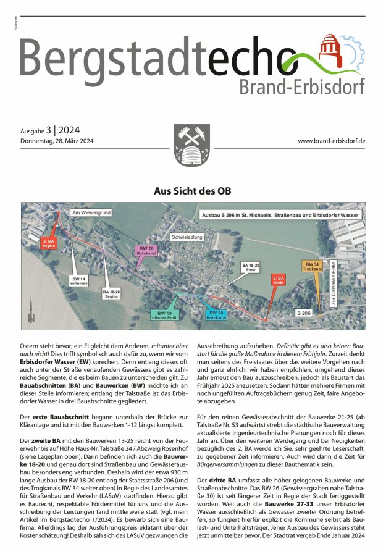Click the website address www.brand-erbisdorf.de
pyautogui.click(x=332, y=141)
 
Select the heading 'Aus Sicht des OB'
pyautogui.click(x=193, y=191)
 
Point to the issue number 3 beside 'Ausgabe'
pyautogui.click(x=49, y=130)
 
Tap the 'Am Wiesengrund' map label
pyautogui.click(x=91, y=213)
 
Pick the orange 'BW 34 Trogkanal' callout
pyautogui.click(x=313, y=266)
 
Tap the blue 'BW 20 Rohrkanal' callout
pyautogui.click(x=217, y=314)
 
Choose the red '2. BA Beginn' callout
pyautogui.click(x=49, y=243)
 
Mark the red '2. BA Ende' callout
pyautogui.click(x=279, y=280)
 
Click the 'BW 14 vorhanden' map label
pyautogui.click(x=79, y=281)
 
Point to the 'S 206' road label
pyautogui.click(x=303, y=314)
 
